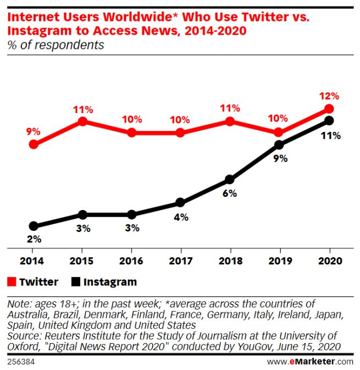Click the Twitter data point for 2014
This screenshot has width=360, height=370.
click(34, 145)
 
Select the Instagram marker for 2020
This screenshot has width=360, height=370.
click(329, 121)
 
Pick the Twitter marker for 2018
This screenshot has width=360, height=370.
click(230, 121)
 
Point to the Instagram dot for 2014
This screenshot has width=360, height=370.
click(34, 226)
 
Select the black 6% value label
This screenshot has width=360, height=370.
click(230, 194)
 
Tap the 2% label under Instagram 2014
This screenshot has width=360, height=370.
click(34, 240)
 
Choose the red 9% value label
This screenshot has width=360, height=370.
click(34, 131)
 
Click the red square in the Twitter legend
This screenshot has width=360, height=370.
click(12, 282)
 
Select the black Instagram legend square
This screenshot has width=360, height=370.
click(75, 282)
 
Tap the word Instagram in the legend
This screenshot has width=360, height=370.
click(110, 282)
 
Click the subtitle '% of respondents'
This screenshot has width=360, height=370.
click(56, 45)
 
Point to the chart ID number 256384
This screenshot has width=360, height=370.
click(21, 362)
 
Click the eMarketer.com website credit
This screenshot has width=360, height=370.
click(310, 362)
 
